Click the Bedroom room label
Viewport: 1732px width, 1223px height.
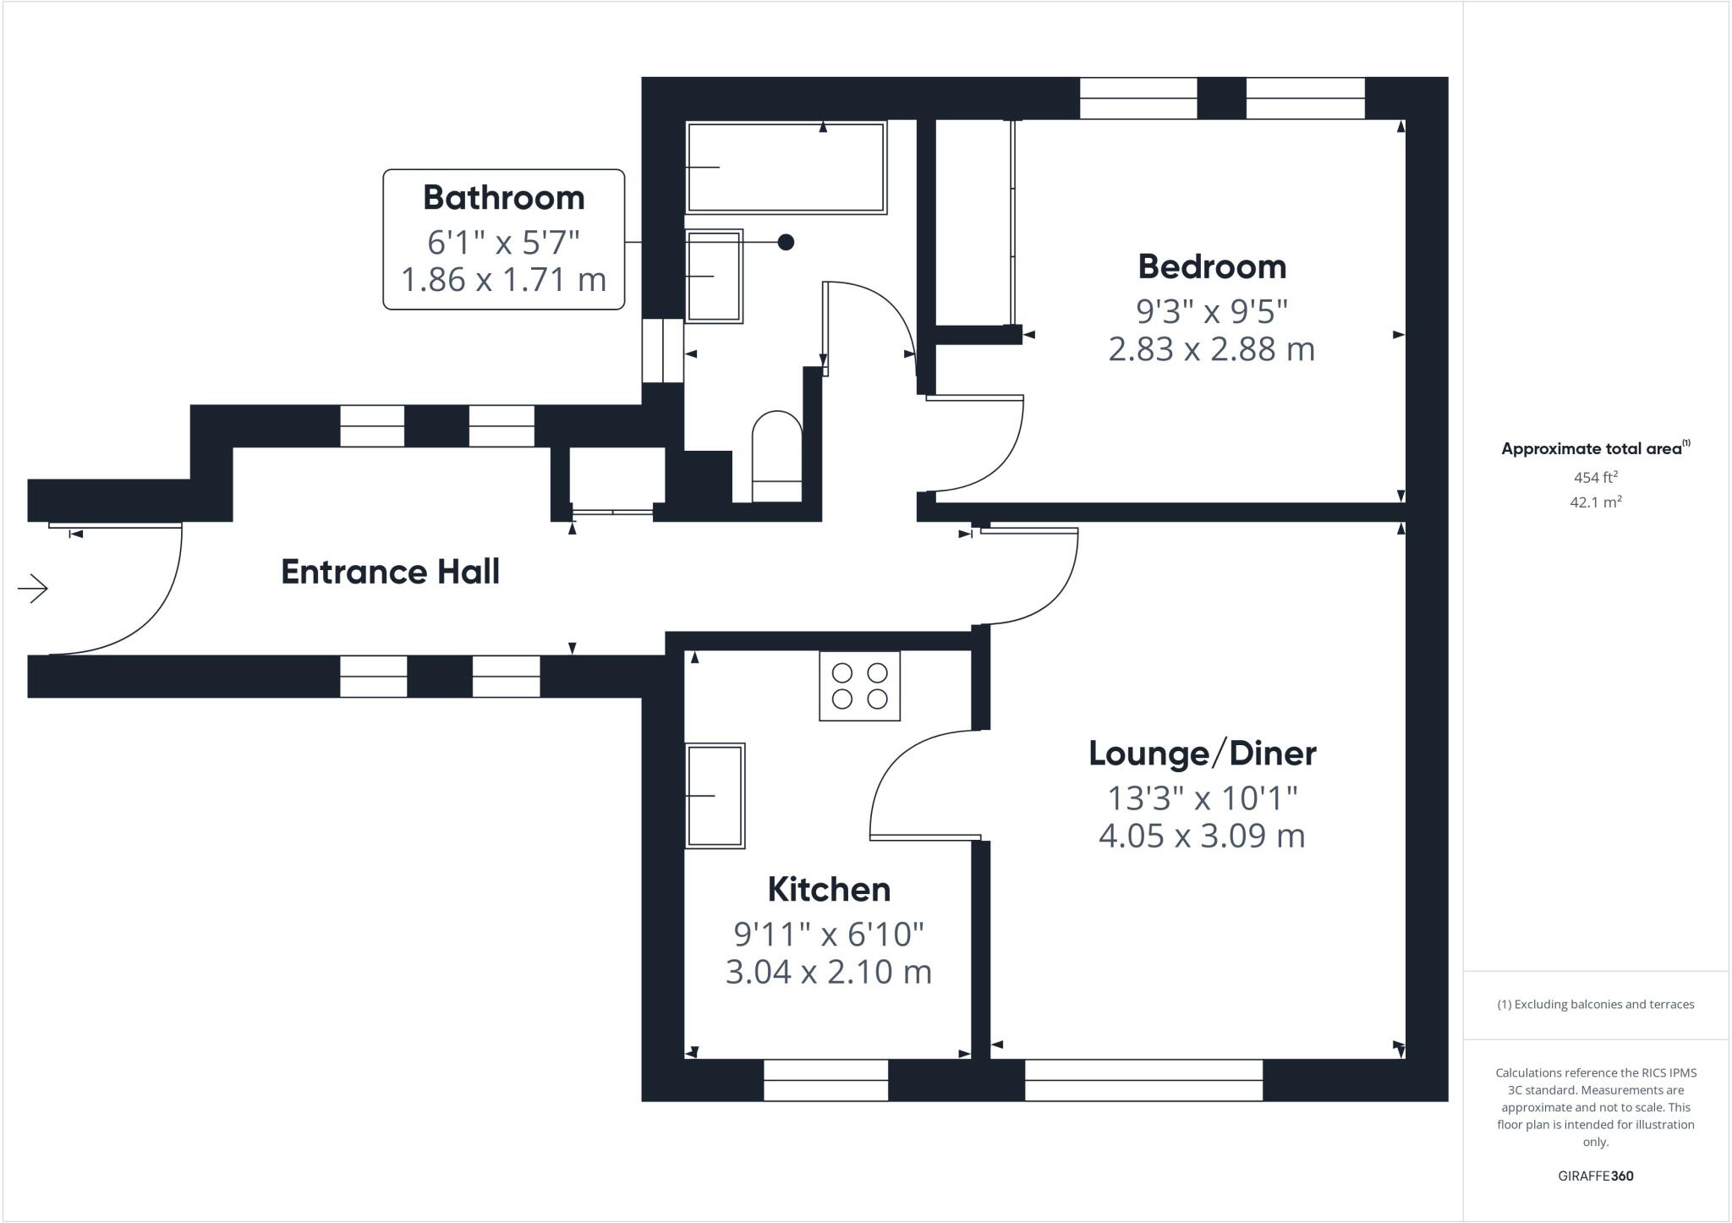point(1211,266)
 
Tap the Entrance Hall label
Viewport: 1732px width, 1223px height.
point(390,572)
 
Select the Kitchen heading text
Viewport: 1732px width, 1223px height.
point(829,889)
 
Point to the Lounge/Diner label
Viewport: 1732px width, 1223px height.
point(1202,753)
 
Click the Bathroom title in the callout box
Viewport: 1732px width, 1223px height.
point(503,197)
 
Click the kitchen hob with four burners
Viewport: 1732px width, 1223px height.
point(859,686)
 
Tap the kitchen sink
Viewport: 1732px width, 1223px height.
point(715,795)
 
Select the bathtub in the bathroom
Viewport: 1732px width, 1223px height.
point(787,167)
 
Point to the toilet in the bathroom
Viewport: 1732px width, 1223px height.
point(777,457)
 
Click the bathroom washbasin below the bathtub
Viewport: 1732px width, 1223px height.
point(714,276)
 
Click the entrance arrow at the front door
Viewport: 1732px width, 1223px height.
point(33,589)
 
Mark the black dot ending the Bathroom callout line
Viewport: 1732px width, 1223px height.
point(786,242)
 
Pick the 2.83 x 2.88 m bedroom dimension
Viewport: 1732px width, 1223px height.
point(1211,348)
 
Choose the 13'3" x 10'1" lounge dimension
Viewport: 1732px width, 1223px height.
point(1202,798)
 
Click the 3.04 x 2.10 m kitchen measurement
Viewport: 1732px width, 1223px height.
point(829,971)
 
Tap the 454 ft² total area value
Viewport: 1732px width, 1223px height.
point(1595,477)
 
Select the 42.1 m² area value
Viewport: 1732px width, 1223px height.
point(1595,502)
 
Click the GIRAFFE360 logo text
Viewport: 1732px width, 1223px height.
point(1595,1176)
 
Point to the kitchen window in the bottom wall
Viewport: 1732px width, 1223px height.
point(825,1080)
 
